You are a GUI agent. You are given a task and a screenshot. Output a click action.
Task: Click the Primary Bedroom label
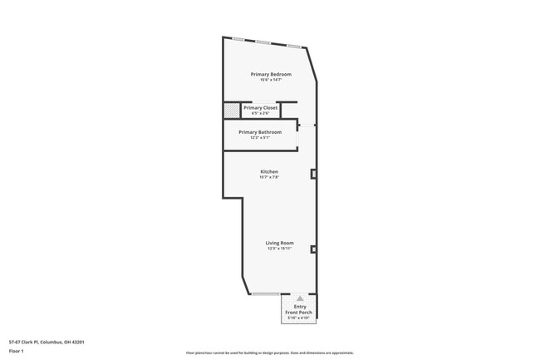click(x=270, y=74)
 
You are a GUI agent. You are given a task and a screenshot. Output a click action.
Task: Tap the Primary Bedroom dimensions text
click(x=270, y=80)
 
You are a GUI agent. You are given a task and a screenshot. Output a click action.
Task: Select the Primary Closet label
click(x=260, y=107)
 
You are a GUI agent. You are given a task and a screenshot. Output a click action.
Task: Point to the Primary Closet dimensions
click(x=260, y=113)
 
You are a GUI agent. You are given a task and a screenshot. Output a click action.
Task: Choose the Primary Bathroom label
click(x=260, y=131)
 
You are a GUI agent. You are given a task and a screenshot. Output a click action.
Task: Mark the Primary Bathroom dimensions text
click(x=260, y=137)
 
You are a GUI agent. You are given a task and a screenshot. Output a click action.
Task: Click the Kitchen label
click(x=269, y=171)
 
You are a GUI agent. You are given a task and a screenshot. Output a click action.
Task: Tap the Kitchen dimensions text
click(x=269, y=177)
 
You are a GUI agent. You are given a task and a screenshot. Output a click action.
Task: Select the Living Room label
click(x=280, y=242)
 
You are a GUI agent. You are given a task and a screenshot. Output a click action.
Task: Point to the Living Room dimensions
click(x=280, y=248)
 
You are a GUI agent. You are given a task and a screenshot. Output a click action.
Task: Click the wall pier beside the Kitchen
click(x=313, y=174)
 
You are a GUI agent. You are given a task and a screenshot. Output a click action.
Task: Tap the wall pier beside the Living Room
click(x=313, y=249)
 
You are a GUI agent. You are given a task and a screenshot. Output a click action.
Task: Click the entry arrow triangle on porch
click(x=300, y=298)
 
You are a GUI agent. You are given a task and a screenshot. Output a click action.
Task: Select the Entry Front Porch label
click(x=300, y=309)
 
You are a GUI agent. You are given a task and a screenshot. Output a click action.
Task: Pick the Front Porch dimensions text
click(x=300, y=318)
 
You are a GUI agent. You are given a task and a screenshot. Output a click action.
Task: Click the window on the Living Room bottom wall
click(x=265, y=294)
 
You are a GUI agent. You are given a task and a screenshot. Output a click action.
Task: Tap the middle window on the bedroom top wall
click(x=264, y=42)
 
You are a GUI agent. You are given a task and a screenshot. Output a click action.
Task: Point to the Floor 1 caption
click(x=17, y=352)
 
